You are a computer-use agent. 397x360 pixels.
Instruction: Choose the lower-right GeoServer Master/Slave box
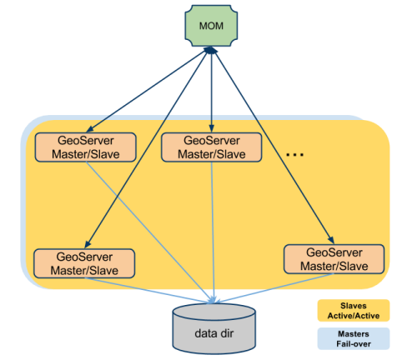[325, 258]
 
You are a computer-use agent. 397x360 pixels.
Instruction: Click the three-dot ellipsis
[294, 154]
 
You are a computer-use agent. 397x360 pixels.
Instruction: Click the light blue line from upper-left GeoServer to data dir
[150, 225]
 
